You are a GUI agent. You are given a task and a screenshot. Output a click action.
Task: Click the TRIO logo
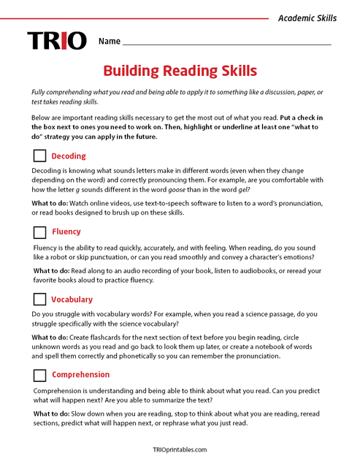point(56,41)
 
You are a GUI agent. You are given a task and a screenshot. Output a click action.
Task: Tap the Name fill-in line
point(226,43)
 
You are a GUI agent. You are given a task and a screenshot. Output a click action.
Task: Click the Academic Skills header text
point(307,18)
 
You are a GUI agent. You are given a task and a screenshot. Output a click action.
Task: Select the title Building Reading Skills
point(180,71)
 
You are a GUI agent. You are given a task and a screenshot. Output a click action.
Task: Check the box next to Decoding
point(39,156)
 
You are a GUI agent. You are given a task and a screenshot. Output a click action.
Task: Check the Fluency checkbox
point(39,232)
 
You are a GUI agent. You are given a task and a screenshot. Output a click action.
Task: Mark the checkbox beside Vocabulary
point(39,299)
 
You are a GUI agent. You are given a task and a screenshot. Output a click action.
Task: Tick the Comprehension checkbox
point(39,375)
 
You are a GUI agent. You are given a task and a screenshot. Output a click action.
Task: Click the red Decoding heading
point(69,156)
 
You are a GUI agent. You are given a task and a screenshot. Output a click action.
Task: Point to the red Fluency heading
point(66,232)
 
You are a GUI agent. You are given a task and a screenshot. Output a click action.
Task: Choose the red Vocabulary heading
point(72,299)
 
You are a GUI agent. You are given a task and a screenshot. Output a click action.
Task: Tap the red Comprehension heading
point(80,375)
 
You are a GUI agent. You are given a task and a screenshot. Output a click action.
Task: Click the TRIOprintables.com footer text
point(180,450)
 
